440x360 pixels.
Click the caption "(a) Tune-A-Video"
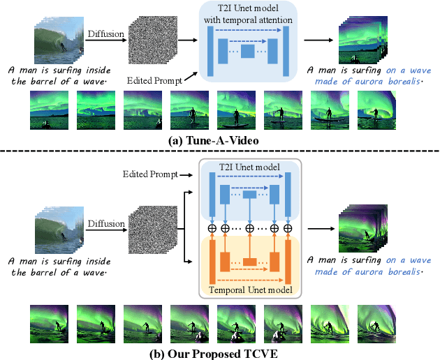coord(219,140)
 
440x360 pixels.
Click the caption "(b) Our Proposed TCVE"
coord(219,352)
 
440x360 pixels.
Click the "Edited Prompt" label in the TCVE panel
coord(149,174)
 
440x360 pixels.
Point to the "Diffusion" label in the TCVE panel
coord(105,224)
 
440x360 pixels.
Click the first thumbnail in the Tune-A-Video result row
coord(50,112)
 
